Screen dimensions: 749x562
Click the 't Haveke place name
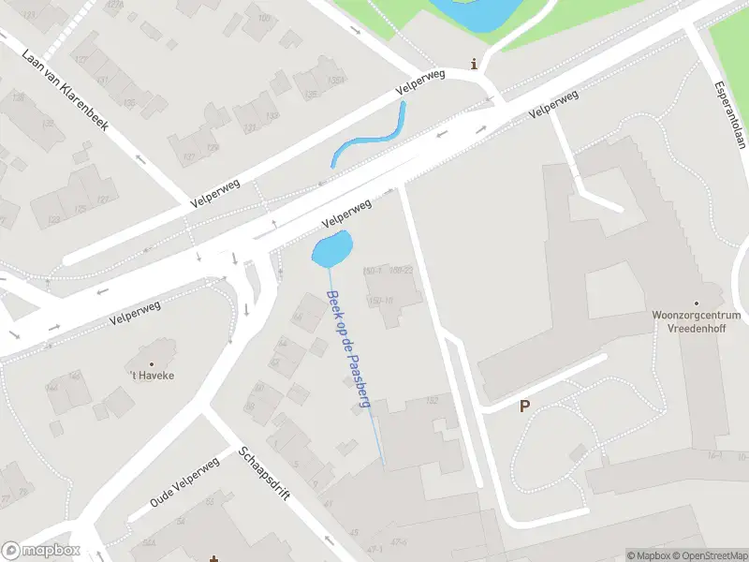[152, 376]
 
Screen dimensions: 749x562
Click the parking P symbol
[524, 407]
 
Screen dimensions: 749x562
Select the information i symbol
[475, 65]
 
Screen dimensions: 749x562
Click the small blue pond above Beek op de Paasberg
[331, 249]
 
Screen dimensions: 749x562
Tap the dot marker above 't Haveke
[152, 362]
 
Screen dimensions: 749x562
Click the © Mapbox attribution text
[648, 555]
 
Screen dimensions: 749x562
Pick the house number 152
[432, 401]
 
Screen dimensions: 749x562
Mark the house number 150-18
[380, 300]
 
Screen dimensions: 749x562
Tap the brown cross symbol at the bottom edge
[214, 558]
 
